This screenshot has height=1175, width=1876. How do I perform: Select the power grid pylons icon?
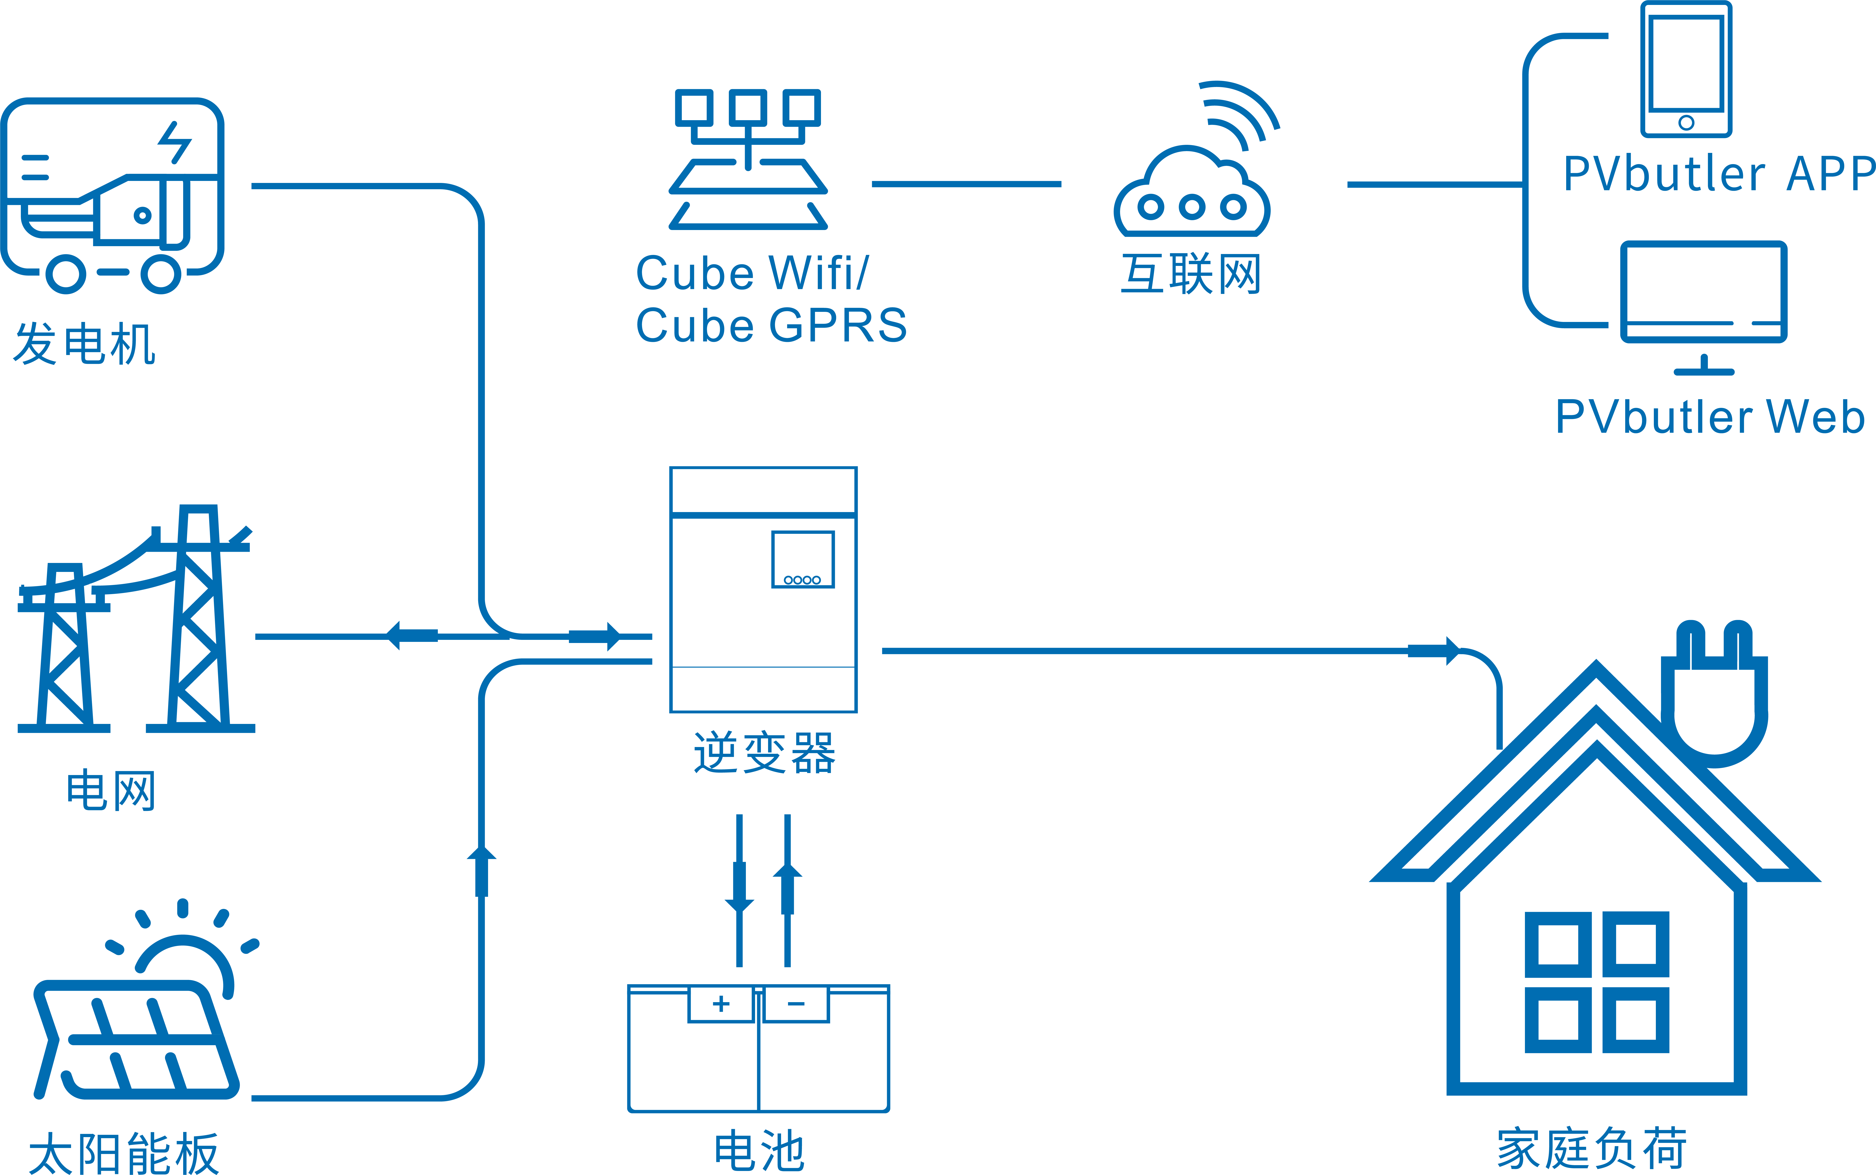pyautogui.click(x=136, y=622)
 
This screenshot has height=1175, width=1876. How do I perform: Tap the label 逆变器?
pyautogui.click(x=764, y=752)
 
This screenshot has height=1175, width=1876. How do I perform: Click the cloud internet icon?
pyautogui.click(x=1191, y=194)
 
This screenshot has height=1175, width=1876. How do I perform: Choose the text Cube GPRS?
pyautogui.click(x=771, y=325)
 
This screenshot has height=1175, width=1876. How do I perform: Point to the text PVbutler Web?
pyautogui.click(x=1710, y=417)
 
